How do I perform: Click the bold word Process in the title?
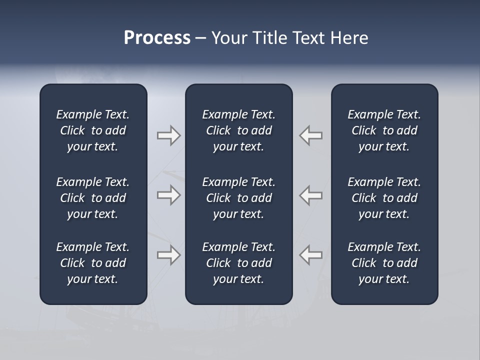[157, 38]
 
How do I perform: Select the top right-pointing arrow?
[168, 135]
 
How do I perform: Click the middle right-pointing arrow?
[168, 195]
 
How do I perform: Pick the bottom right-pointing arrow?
[168, 255]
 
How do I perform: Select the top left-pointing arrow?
[311, 135]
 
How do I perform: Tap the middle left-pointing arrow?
[311, 195]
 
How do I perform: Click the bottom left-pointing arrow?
[311, 255]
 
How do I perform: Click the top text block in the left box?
[93, 130]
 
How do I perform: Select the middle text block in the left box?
[93, 198]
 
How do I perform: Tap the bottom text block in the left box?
[93, 263]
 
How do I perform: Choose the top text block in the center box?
[238, 130]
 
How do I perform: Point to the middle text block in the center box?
[238, 198]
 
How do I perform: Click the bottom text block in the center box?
[238, 263]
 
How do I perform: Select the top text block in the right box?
[384, 130]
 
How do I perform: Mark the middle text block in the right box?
[384, 198]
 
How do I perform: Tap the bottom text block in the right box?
[384, 263]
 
